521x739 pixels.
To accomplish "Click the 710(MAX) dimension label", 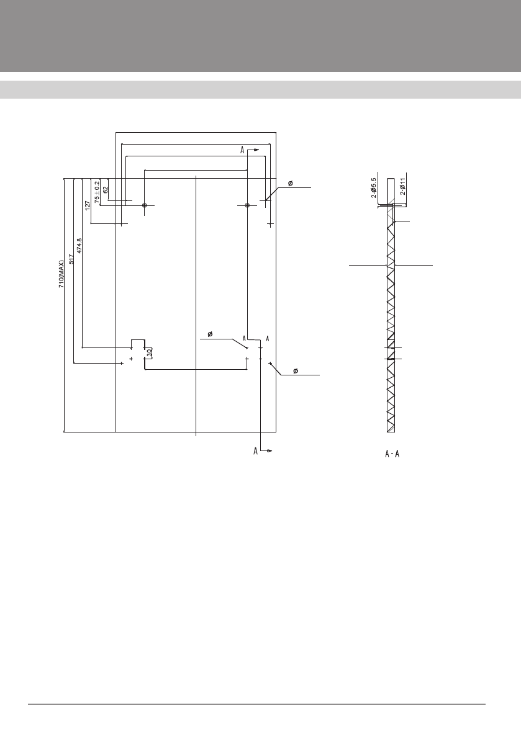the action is click(x=61, y=274).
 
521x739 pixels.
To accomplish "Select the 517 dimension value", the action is click(x=71, y=259).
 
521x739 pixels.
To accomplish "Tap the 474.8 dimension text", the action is click(x=79, y=246).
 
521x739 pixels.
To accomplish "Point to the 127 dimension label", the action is click(x=87, y=206).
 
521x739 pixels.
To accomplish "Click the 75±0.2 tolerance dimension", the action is click(x=97, y=192).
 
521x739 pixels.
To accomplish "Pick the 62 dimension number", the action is click(x=106, y=189).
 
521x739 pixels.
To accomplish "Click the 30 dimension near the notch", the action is click(x=149, y=352).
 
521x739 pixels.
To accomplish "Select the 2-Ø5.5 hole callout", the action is click(x=374, y=188).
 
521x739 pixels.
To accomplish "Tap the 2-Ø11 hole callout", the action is click(x=402, y=187).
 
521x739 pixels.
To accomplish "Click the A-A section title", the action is click(x=392, y=454).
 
